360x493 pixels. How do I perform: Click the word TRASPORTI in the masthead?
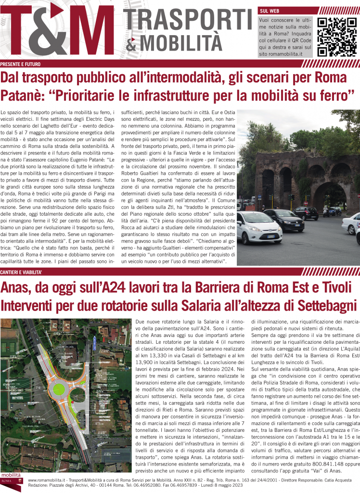tap(189, 19)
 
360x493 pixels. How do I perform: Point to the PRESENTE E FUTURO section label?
tap(20, 64)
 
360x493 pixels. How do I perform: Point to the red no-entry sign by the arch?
tap(291, 197)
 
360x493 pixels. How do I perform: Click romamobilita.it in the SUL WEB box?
tap(281, 54)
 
